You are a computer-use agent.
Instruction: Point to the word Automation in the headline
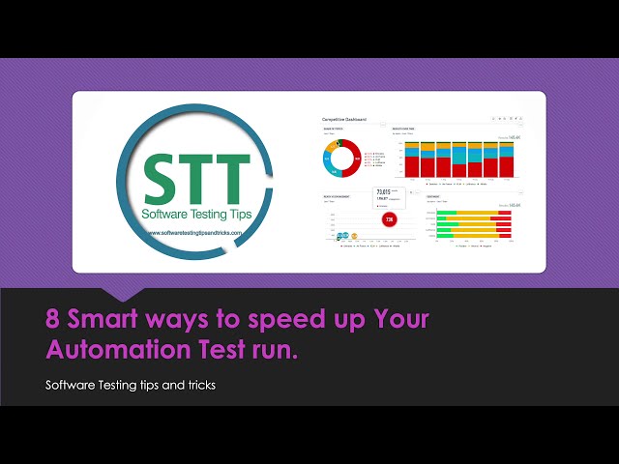pyautogui.click(x=103, y=350)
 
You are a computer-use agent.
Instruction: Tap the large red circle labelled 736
pyautogui.click(x=389, y=219)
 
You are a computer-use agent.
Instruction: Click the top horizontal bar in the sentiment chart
pyautogui.click(x=474, y=212)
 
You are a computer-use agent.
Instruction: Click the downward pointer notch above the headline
pyautogui.click(x=126, y=291)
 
